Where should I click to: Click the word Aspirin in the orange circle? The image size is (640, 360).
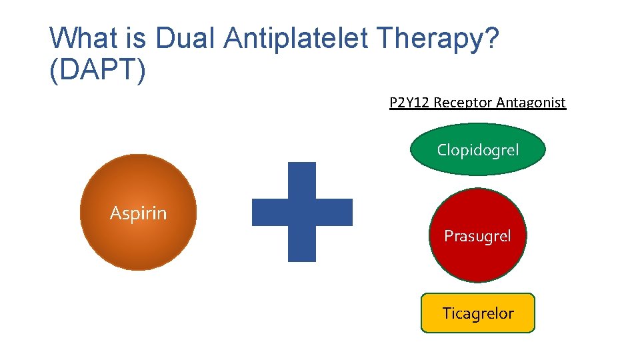pyautogui.click(x=138, y=213)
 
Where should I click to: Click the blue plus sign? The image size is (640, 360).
pyautogui.click(x=302, y=212)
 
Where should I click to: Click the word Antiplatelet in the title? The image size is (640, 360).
pyautogui.click(x=296, y=39)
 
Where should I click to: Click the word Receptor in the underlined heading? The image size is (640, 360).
pyautogui.click(x=464, y=103)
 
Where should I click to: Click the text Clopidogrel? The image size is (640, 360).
pyautogui.click(x=477, y=150)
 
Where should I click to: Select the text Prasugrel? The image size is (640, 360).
pyautogui.click(x=477, y=236)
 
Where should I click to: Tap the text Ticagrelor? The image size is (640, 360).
pyautogui.click(x=477, y=313)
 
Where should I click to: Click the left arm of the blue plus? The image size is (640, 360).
pyautogui.click(x=269, y=212)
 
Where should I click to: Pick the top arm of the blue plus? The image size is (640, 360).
pyautogui.click(x=302, y=180)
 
